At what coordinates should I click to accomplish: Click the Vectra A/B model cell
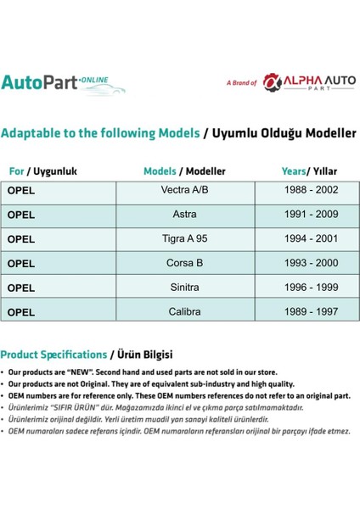[184, 190]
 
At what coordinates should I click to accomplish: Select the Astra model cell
[184, 215]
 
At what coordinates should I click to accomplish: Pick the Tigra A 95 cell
[184, 238]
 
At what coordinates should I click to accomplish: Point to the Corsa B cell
[184, 263]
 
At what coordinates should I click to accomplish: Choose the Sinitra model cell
[184, 288]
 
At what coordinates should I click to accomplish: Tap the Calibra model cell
[184, 311]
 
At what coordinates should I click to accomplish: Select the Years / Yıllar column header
[309, 171]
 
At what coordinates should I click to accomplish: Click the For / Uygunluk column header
[43, 171]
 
